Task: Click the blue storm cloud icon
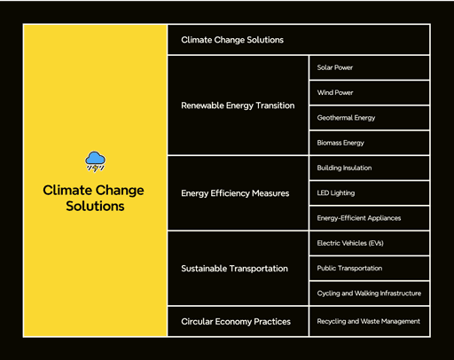click(x=95, y=161)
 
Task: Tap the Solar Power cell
click(x=369, y=67)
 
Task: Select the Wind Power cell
click(x=369, y=92)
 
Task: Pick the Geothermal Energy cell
click(x=369, y=118)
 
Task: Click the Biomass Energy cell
click(x=369, y=143)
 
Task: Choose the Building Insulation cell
click(x=369, y=168)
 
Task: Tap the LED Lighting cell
click(x=369, y=193)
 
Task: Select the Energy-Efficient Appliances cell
click(x=369, y=218)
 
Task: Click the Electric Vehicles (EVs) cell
click(x=369, y=243)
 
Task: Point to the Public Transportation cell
click(x=369, y=269)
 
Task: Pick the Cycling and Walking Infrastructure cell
click(x=369, y=293)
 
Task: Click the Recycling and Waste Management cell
click(x=369, y=321)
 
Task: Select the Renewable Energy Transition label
click(x=238, y=106)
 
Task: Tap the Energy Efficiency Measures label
click(x=235, y=193)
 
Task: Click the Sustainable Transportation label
click(x=234, y=269)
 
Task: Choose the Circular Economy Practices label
click(x=236, y=321)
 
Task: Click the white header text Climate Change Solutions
click(x=232, y=40)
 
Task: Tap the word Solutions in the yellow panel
click(x=95, y=206)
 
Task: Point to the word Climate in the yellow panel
click(x=67, y=190)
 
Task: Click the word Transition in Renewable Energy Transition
click(x=275, y=106)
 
